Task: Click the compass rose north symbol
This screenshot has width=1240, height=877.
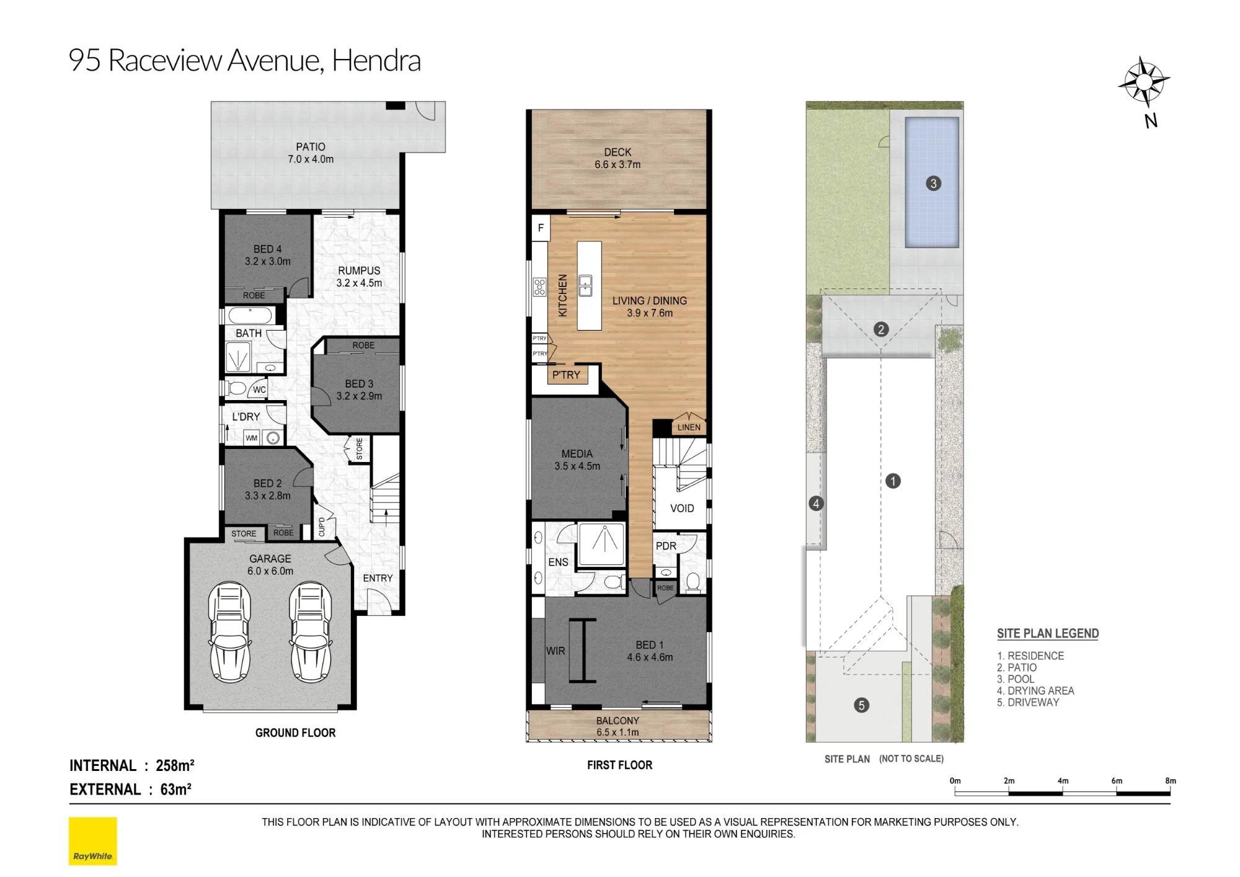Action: click(1144, 82)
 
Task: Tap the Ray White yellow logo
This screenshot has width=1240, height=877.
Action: click(93, 841)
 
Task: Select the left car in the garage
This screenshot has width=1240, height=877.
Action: click(230, 631)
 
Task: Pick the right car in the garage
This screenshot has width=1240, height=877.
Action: click(311, 631)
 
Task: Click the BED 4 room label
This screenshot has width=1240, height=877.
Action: click(267, 249)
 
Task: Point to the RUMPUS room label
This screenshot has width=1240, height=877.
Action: click(359, 271)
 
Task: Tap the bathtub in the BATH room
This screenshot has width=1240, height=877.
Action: click(249, 315)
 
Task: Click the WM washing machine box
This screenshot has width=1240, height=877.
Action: click(251, 438)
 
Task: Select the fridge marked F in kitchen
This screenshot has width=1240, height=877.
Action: click(541, 228)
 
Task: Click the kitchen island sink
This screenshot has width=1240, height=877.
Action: click(585, 286)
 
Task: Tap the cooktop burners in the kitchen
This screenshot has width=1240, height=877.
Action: click(539, 287)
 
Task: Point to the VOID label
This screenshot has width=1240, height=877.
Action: click(682, 509)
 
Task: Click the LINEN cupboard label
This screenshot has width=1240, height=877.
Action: click(689, 427)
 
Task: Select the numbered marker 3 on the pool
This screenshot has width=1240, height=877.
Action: click(933, 184)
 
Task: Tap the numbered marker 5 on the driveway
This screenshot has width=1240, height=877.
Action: click(861, 705)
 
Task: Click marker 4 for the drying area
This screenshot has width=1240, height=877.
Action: click(816, 504)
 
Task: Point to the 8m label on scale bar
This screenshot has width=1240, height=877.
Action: click(1170, 781)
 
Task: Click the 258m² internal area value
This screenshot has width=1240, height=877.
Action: click(175, 765)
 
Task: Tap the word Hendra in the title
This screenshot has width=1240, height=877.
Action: click(376, 61)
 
